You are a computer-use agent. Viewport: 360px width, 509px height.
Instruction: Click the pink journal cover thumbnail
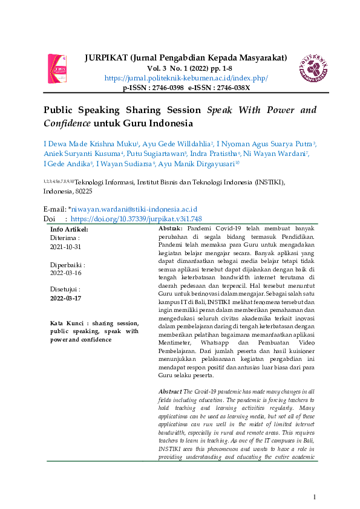(57, 68)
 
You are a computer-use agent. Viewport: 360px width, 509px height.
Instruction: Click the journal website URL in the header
(186, 79)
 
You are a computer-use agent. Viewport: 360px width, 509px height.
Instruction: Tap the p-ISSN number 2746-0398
(167, 88)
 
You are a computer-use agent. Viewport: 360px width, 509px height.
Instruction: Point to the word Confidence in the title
(66, 123)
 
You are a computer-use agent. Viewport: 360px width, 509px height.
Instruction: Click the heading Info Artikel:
(69, 230)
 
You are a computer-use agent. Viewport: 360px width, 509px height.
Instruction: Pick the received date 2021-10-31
(65, 247)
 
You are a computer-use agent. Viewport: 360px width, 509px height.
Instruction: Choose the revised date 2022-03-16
(65, 273)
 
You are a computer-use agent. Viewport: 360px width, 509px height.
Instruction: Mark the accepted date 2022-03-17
(65, 298)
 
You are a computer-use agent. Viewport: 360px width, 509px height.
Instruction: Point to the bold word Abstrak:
(171, 230)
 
